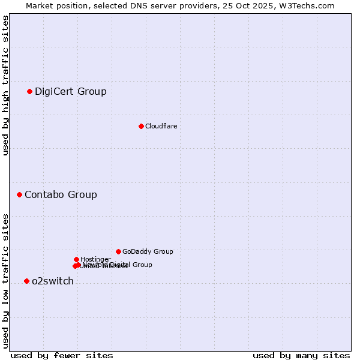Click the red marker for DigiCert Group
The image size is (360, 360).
[29, 91]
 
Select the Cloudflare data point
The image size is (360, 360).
[141, 126]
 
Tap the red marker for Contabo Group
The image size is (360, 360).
[19, 194]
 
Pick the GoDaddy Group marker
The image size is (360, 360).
[118, 251]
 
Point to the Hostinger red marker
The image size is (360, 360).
[76, 259]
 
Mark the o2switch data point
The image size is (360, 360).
[26, 281]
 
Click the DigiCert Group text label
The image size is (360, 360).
[70, 91]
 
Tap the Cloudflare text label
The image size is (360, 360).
[161, 126]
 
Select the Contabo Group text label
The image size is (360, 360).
[61, 194]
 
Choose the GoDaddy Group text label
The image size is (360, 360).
[148, 251]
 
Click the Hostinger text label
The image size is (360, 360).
[95, 259]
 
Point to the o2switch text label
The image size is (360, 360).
[52, 281]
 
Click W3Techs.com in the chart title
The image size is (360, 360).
[305, 5]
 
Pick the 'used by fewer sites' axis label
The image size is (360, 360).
[62, 355]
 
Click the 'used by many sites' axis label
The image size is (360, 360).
[301, 355]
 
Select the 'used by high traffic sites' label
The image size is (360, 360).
[5, 85]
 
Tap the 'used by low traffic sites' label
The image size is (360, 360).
[5, 280]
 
